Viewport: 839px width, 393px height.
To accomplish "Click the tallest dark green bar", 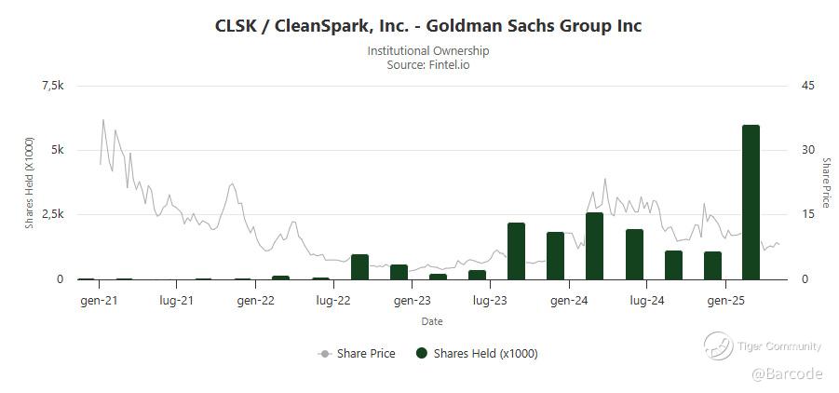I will point(751,201).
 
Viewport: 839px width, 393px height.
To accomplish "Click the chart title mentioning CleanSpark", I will point(427,26).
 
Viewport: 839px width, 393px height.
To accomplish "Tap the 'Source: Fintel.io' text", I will point(427,64).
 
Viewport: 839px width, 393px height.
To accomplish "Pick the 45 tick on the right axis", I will point(807,86).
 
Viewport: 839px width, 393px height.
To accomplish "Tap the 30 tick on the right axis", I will point(807,150).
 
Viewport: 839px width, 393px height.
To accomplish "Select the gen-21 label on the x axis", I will point(98,301).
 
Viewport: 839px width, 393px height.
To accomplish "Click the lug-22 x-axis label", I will point(332,301).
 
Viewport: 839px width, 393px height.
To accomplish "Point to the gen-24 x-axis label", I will point(568,301).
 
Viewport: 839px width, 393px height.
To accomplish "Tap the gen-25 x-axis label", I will point(725,301).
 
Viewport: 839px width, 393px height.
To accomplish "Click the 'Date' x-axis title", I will point(431,321).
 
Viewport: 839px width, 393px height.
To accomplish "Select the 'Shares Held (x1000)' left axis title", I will point(30,183).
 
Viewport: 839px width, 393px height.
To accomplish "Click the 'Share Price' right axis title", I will point(825,183).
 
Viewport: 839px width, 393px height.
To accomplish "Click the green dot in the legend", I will point(422,354).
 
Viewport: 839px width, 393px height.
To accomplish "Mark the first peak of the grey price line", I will point(103,120).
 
